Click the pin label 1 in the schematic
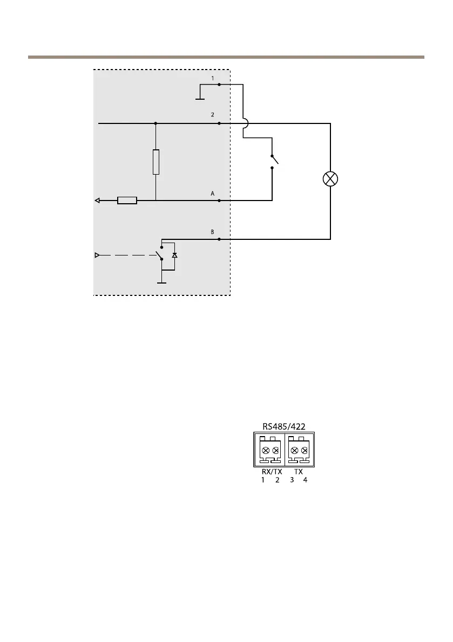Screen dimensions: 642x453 pos(213,78)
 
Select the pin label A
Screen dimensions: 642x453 pos(213,193)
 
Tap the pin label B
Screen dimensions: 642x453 pos(213,232)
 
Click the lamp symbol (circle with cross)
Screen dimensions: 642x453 pos(330,180)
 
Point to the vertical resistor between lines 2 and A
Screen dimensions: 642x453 pos(155,162)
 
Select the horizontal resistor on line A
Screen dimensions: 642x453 pos(127,201)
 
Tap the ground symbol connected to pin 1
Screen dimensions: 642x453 pos(199,99)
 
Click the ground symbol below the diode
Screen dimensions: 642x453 pos(161,281)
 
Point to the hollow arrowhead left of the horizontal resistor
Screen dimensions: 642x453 pos(97,201)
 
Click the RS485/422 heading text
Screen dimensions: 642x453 pos(283,426)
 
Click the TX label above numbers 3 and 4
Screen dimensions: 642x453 pos(298,471)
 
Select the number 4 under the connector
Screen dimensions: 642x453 pos(305,480)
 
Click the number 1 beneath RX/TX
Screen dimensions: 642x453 pos(263,480)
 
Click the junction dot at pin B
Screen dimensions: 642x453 pos(219,238)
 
